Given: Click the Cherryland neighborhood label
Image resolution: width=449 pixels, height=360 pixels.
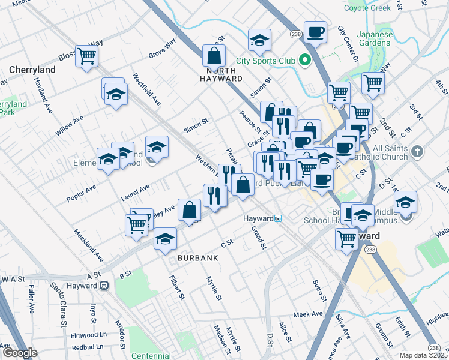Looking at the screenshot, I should click(x=32, y=70).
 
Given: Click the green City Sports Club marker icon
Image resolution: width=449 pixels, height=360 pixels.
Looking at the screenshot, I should click(x=304, y=60).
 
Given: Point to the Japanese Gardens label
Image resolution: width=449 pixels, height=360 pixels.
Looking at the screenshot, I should click(x=376, y=38).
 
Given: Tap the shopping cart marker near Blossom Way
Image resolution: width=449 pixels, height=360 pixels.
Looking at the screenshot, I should click(x=87, y=56).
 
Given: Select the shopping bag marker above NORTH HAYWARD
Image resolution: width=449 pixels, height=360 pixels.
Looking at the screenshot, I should click(x=214, y=57).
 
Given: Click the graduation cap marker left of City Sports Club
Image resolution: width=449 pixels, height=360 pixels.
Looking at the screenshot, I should click(x=259, y=40).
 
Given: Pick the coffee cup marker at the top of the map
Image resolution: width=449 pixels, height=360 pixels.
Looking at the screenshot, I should click(x=315, y=32).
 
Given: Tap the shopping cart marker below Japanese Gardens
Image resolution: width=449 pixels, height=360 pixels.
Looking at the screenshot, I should click(x=373, y=82).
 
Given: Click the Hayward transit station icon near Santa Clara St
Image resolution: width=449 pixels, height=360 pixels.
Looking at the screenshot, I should click(x=104, y=286).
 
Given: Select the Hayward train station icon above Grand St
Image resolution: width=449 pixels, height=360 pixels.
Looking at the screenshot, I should click(x=277, y=218).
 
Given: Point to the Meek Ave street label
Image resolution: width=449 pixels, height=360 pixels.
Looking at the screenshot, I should click(x=308, y=314).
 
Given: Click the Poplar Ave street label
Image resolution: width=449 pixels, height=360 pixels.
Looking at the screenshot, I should click(x=82, y=193).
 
